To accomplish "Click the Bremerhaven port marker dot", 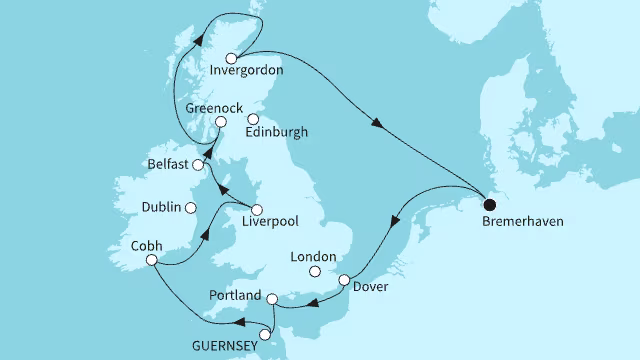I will pos(488,200).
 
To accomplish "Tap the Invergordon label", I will pos(247,71).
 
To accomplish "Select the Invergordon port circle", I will pos(232,57).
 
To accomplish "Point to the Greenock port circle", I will pos(222,122).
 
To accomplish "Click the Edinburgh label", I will pos(277,132).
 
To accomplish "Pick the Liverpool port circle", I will pos(257,210).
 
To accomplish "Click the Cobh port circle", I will pos(152,260).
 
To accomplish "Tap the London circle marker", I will pos(316,271).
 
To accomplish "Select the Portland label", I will pos(237,298).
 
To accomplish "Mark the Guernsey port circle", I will pos(266,335).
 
